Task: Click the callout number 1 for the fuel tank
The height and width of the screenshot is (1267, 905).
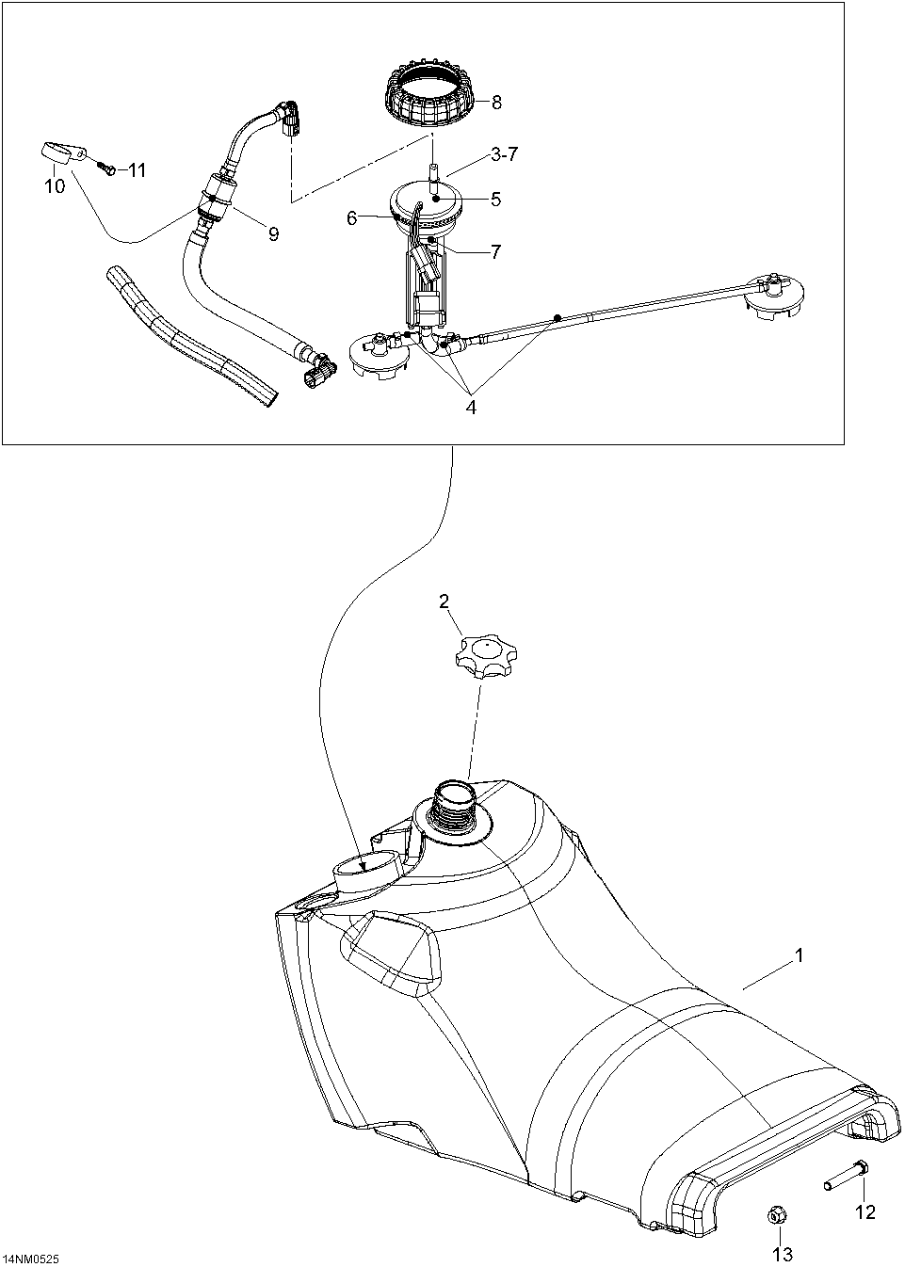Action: pyautogui.click(x=799, y=956)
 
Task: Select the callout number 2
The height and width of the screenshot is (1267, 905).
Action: pyautogui.click(x=444, y=602)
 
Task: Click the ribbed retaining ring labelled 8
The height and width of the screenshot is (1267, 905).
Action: pyautogui.click(x=434, y=101)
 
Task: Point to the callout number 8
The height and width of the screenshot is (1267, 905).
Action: pyautogui.click(x=496, y=103)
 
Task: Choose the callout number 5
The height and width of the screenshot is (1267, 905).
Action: pyautogui.click(x=495, y=199)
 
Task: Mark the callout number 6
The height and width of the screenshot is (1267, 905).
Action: pyautogui.click(x=352, y=217)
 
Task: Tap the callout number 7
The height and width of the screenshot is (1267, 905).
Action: pyautogui.click(x=495, y=251)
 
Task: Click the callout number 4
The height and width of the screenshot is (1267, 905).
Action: pyautogui.click(x=470, y=408)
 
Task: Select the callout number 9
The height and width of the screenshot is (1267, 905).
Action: pyautogui.click(x=273, y=234)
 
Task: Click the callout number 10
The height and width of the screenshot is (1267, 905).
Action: pyautogui.click(x=55, y=186)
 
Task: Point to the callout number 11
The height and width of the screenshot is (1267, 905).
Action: pyautogui.click(x=137, y=170)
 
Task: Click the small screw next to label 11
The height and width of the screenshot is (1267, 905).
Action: pyautogui.click(x=106, y=168)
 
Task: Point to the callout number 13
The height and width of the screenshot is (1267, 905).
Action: pyautogui.click(x=783, y=1254)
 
